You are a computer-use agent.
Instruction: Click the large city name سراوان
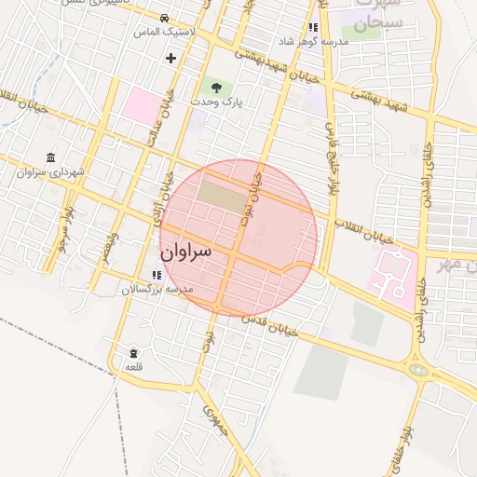(185, 252)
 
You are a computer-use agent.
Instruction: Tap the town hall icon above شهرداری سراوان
(49, 157)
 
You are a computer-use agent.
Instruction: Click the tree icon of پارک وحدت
(216, 87)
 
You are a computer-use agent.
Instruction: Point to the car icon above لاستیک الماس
(165, 19)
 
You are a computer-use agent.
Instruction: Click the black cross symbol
(170, 58)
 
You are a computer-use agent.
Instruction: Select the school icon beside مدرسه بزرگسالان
(156, 275)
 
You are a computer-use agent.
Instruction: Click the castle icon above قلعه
(134, 353)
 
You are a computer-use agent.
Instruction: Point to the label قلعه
(133, 368)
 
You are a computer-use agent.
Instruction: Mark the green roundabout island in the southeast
(419, 370)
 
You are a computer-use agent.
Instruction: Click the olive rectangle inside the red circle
(218, 195)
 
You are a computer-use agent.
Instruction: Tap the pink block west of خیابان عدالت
(141, 104)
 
